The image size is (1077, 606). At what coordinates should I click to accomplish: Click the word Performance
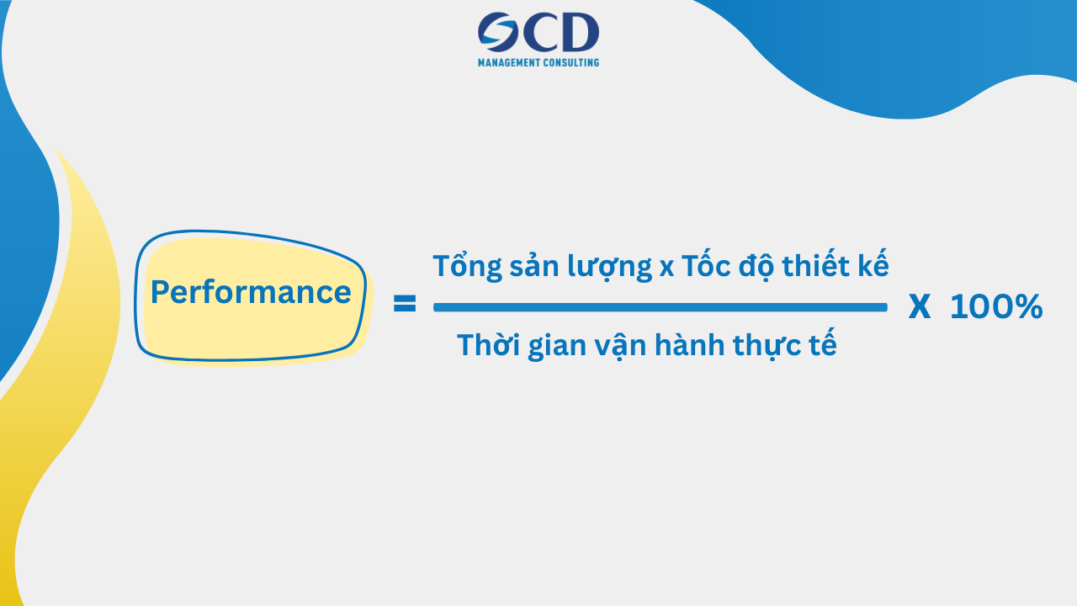point(251,293)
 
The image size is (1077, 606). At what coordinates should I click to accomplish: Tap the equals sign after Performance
point(405,305)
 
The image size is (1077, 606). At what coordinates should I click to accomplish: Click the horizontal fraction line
point(661,307)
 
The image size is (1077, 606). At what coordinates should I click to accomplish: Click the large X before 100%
point(920,308)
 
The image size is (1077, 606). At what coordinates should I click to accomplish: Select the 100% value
point(996,308)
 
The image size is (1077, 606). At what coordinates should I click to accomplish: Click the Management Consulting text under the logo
point(538,62)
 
